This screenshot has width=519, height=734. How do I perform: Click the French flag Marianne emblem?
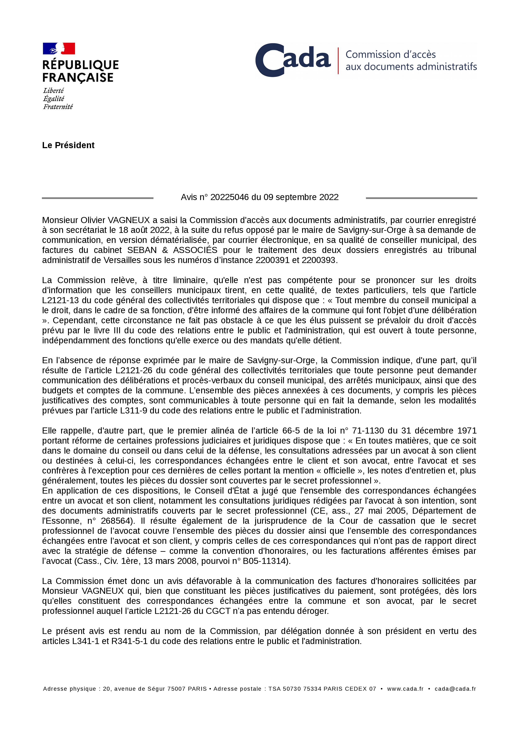point(59,49)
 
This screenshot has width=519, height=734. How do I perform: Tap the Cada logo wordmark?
point(293,60)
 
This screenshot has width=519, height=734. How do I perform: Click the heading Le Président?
point(68,145)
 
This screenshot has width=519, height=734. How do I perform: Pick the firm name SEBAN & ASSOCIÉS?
point(172,250)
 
